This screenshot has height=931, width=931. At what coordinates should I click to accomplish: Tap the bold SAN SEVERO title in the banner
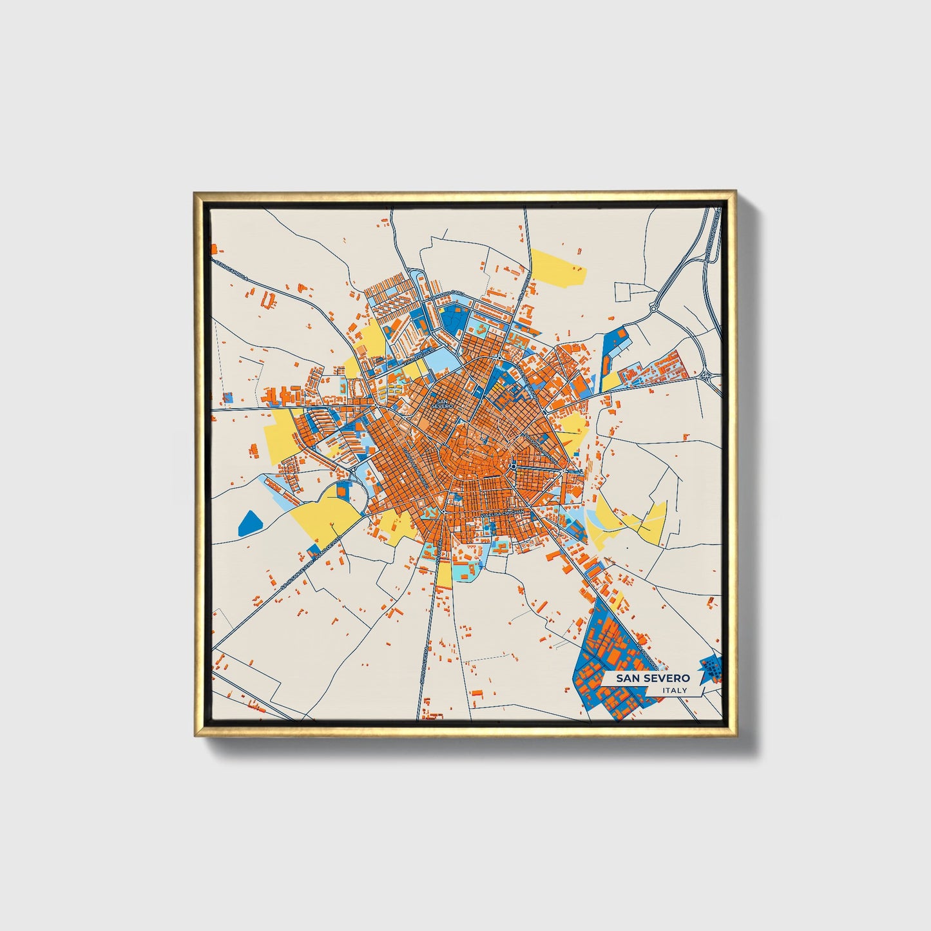[653, 678]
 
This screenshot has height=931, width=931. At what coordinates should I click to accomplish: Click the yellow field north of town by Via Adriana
[558, 267]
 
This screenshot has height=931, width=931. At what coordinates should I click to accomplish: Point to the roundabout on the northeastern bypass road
[653, 309]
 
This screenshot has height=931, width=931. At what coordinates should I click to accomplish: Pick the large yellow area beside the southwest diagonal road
[325, 515]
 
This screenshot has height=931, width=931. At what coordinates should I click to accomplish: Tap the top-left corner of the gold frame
[196, 193]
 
